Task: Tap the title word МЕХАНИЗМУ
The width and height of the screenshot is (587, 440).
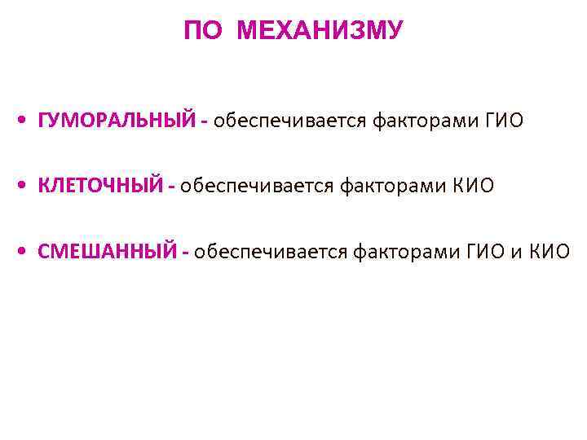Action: tap(319, 32)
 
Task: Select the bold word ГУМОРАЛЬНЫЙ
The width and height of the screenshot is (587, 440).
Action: tap(117, 121)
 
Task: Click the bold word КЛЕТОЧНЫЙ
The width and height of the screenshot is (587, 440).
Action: tap(100, 187)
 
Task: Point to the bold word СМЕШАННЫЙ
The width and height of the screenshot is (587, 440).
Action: tap(107, 252)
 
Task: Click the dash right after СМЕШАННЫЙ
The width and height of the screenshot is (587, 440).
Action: tap(187, 253)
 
